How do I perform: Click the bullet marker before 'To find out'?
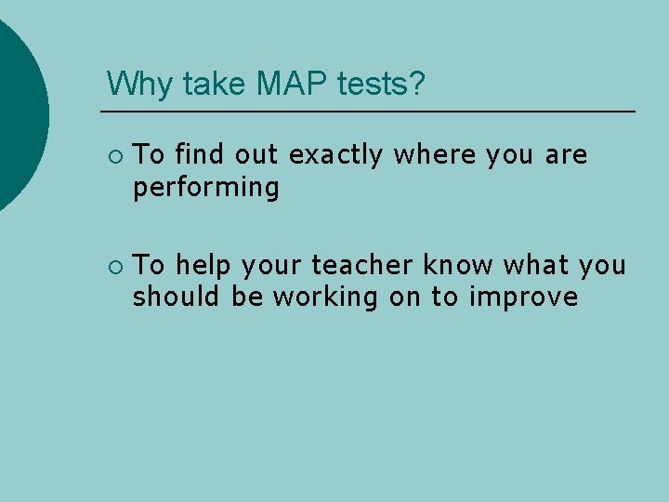(114, 156)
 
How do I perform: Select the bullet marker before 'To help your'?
(114, 267)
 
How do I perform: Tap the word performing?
(205, 189)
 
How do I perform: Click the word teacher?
(362, 266)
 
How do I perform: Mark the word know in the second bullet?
(458, 266)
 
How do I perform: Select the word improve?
(524, 298)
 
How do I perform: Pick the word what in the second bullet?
(536, 266)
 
